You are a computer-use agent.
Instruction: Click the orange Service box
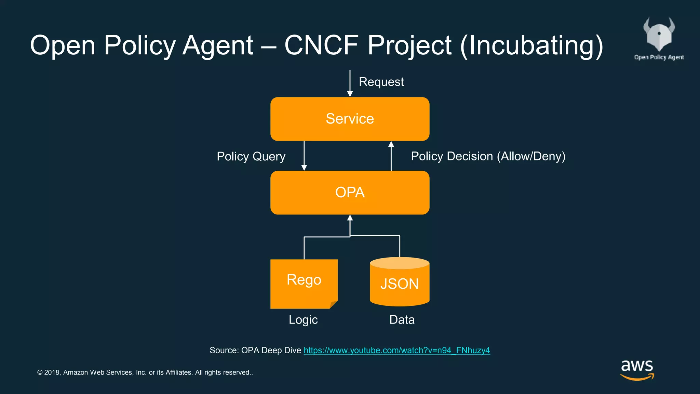[x=350, y=119]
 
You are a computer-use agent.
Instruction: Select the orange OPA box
[x=350, y=193]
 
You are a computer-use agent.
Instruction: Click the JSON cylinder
[x=400, y=283]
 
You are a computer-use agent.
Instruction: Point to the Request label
[x=381, y=82]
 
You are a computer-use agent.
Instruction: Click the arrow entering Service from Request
[x=350, y=84]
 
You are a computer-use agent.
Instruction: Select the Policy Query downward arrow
[x=304, y=156]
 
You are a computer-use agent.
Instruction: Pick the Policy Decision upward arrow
[x=391, y=156]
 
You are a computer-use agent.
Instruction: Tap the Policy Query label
[x=251, y=156]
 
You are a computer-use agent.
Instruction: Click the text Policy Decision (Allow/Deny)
[x=488, y=156]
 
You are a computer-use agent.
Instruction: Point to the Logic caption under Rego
[x=303, y=320]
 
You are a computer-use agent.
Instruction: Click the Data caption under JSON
[x=402, y=320]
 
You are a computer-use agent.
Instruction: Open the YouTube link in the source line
[x=396, y=350]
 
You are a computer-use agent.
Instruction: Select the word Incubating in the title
[x=531, y=45]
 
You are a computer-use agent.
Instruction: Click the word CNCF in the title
[x=321, y=45]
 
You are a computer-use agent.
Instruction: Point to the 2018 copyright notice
[x=145, y=372]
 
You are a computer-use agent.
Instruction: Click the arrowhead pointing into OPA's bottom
[x=350, y=218]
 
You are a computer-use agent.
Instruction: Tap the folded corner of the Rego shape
[x=333, y=304]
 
